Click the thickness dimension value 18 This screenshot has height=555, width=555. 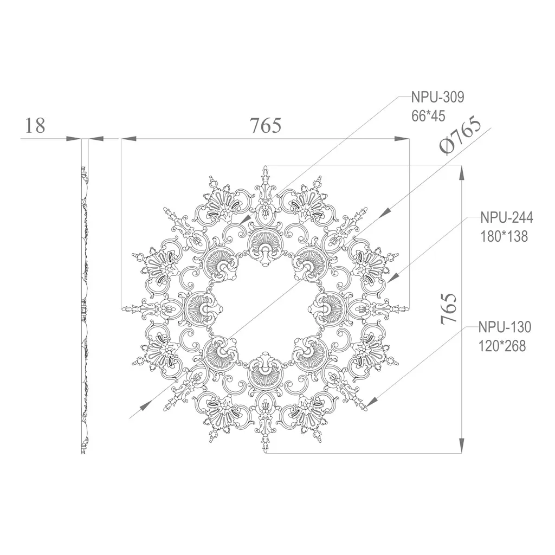click(x=35, y=125)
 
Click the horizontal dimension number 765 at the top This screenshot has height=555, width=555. click(x=266, y=125)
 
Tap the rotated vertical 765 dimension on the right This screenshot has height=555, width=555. click(x=448, y=308)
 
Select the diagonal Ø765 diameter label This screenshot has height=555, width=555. click(x=460, y=135)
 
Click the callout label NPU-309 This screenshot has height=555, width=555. click(x=437, y=96)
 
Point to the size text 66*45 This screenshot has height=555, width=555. click(x=428, y=116)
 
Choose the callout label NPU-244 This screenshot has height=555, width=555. click(x=507, y=217)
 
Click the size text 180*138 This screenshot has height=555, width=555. click(x=504, y=236)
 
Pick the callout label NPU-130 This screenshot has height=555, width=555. click(x=505, y=327)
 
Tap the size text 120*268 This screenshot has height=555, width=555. click(x=502, y=346)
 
